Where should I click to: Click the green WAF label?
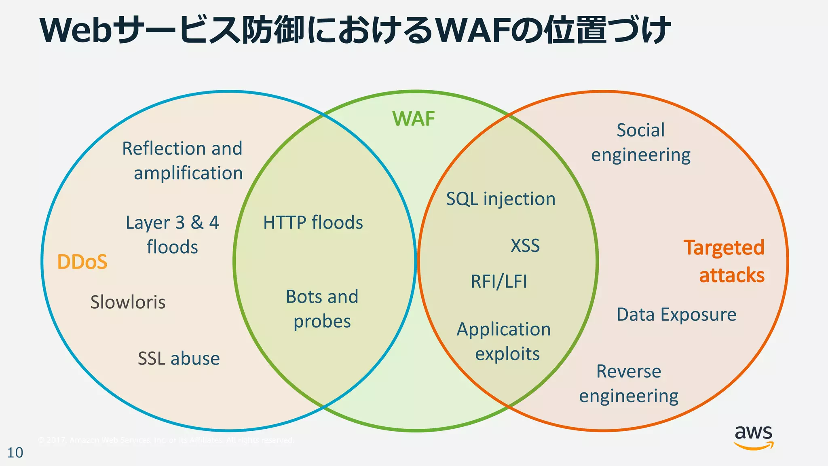pyautogui.click(x=414, y=119)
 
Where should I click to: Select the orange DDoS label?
pyautogui.click(x=82, y=262)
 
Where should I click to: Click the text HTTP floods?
pyautogui.click(x=313, y=222)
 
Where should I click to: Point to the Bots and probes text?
pyautogui.click(x=322, y=309)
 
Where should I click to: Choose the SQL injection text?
pyautogui.click(x=501, y=199)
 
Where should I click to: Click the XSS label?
pyautogui.click(x=525, y=246)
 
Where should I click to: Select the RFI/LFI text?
pyautogui.click(x=499, y=282)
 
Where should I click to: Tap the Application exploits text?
pyautogui.click(x=504, y=341)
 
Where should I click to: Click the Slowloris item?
pyautogui.click(x=128, y=302)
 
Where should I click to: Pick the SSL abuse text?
pyautogui.click(x=179, y=358)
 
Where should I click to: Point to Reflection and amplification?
pyautogui.click(x=183, y=161)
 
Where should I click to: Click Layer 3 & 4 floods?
pyautogui.click(x=172, y=235)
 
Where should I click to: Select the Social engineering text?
pyautogui.click(x=641, y=142)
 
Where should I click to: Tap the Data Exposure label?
pyautogui.click(x=676, y=315)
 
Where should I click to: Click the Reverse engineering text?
pyautogui.click(x=629, y=383)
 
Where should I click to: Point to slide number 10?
pyautogui.click(x=15, y=453)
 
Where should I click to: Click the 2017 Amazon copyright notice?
pyautogui.click(x=166, y=440)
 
